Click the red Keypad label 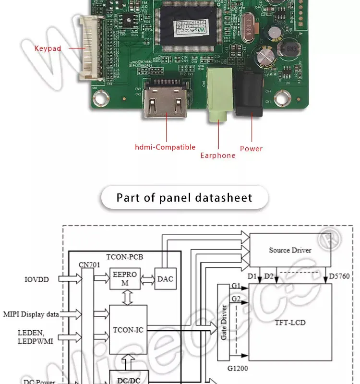pos(48,48)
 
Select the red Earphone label pos(218,156)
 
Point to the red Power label pos(251,149)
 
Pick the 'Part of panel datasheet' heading pos(184,198)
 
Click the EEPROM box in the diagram pos(125,278)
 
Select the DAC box pos(164,279)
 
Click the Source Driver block pos(289,250)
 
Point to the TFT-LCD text pos(290,323)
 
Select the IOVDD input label pos(36,278)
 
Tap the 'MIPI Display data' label pos(31,314)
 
